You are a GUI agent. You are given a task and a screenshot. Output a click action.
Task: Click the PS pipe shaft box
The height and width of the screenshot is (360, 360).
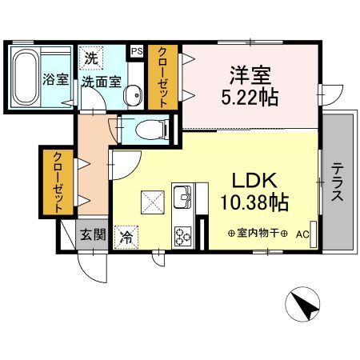pyautogui.click(x=136, y=50)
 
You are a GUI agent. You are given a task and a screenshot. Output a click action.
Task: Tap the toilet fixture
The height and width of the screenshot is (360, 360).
pyautogui.click(x=152, y=129)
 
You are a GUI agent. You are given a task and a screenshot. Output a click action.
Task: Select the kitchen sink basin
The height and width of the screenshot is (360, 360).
pyautogui.click(x=183, y=196)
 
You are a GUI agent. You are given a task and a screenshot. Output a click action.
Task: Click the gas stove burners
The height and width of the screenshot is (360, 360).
pyautogui.click(x=183, y=235)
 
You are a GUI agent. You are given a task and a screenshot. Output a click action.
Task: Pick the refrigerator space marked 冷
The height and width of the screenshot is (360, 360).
pyautogui.click(x=126, y=236)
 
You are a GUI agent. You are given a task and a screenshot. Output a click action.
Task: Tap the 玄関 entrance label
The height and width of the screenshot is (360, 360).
pyautogui.click(x=92, y=234)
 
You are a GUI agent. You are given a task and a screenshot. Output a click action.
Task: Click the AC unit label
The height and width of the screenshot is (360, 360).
pyautogui.click(x=302, y=234)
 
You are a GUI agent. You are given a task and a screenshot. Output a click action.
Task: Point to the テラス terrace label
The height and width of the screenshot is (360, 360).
pyautogui.click(x=338, y=181)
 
